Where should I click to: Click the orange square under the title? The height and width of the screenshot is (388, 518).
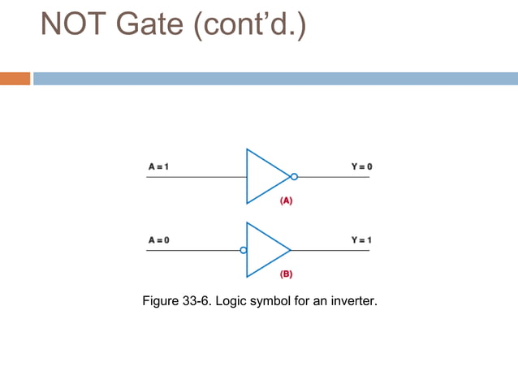15,79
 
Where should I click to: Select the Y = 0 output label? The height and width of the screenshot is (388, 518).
361,166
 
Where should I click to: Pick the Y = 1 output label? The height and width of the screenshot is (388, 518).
361,240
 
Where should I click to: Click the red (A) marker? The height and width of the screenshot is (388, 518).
286,200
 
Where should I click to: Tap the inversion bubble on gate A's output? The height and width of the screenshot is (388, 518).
294,176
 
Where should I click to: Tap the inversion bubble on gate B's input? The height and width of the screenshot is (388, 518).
243,250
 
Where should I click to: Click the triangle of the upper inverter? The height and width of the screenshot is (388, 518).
265,176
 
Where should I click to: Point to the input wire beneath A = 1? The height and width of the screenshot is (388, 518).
195,176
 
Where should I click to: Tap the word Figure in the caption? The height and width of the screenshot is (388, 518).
160,302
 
